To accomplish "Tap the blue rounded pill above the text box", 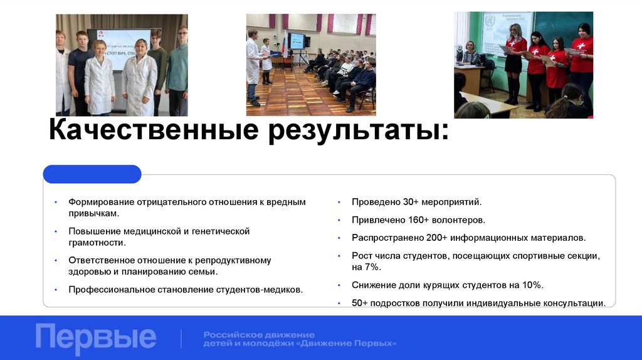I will (x=92, y=174).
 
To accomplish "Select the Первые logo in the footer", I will (x=96, y=337).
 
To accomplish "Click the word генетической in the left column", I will (x=219, y=231).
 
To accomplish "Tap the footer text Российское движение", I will (x=259, y=334).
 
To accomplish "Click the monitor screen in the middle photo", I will (x=296, y=41).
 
